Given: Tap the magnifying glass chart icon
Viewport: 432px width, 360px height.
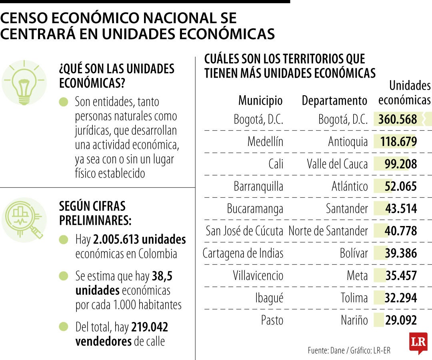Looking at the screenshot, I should (24, 220).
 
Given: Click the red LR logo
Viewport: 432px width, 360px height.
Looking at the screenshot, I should (418, 343).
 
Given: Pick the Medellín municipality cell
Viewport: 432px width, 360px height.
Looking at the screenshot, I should (265, 142).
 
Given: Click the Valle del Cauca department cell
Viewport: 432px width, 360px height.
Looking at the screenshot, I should (337, 164).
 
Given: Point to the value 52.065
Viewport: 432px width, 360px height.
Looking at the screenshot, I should (400, 186).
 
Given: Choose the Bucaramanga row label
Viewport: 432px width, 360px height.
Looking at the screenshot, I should (255, 209).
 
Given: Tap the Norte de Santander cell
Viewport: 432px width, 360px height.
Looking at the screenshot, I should (328, 231).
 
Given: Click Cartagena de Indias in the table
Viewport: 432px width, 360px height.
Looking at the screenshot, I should (243, 254).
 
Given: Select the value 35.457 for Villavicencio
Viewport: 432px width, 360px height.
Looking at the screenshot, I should (401, 276).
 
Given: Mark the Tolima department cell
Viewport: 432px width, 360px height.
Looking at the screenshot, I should (354, 298).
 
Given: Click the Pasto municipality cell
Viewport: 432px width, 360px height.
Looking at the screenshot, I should (272, 320).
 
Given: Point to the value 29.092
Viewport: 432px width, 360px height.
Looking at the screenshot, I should (401, 320).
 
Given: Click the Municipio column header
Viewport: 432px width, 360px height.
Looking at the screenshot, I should (260, 100).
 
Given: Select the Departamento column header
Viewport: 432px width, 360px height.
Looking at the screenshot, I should (334, 100).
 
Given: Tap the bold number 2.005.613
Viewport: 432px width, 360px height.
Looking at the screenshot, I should (116, 240).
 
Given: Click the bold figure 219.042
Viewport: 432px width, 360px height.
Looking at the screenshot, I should (150, 328).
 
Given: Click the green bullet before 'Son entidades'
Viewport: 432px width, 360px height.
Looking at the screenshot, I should (64, 102).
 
